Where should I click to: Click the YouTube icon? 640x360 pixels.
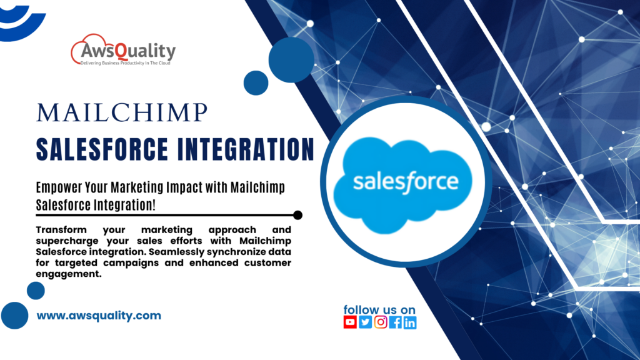tap(350, 322)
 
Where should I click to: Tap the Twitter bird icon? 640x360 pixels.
tap(365, 322)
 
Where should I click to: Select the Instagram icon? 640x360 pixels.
tap(380, 322)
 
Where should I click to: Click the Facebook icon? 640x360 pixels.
tap(395, 322)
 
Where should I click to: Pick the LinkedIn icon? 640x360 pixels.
tap(410, 322)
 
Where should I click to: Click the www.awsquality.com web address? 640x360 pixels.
tap(99, 316)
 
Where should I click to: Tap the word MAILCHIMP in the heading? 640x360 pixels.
tap(121, 113)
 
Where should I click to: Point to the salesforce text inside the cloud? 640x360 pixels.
tap(405, 182)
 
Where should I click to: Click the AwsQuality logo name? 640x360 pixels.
tap(130, 51)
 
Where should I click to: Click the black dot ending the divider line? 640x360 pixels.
tap(297, 215)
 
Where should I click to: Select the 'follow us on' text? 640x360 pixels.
tap(379, 309)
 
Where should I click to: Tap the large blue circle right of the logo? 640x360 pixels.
tap(291, 59)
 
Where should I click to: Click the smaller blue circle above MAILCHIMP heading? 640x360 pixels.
tap(256, 82)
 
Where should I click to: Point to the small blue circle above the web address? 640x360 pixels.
tap(36, 290)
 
